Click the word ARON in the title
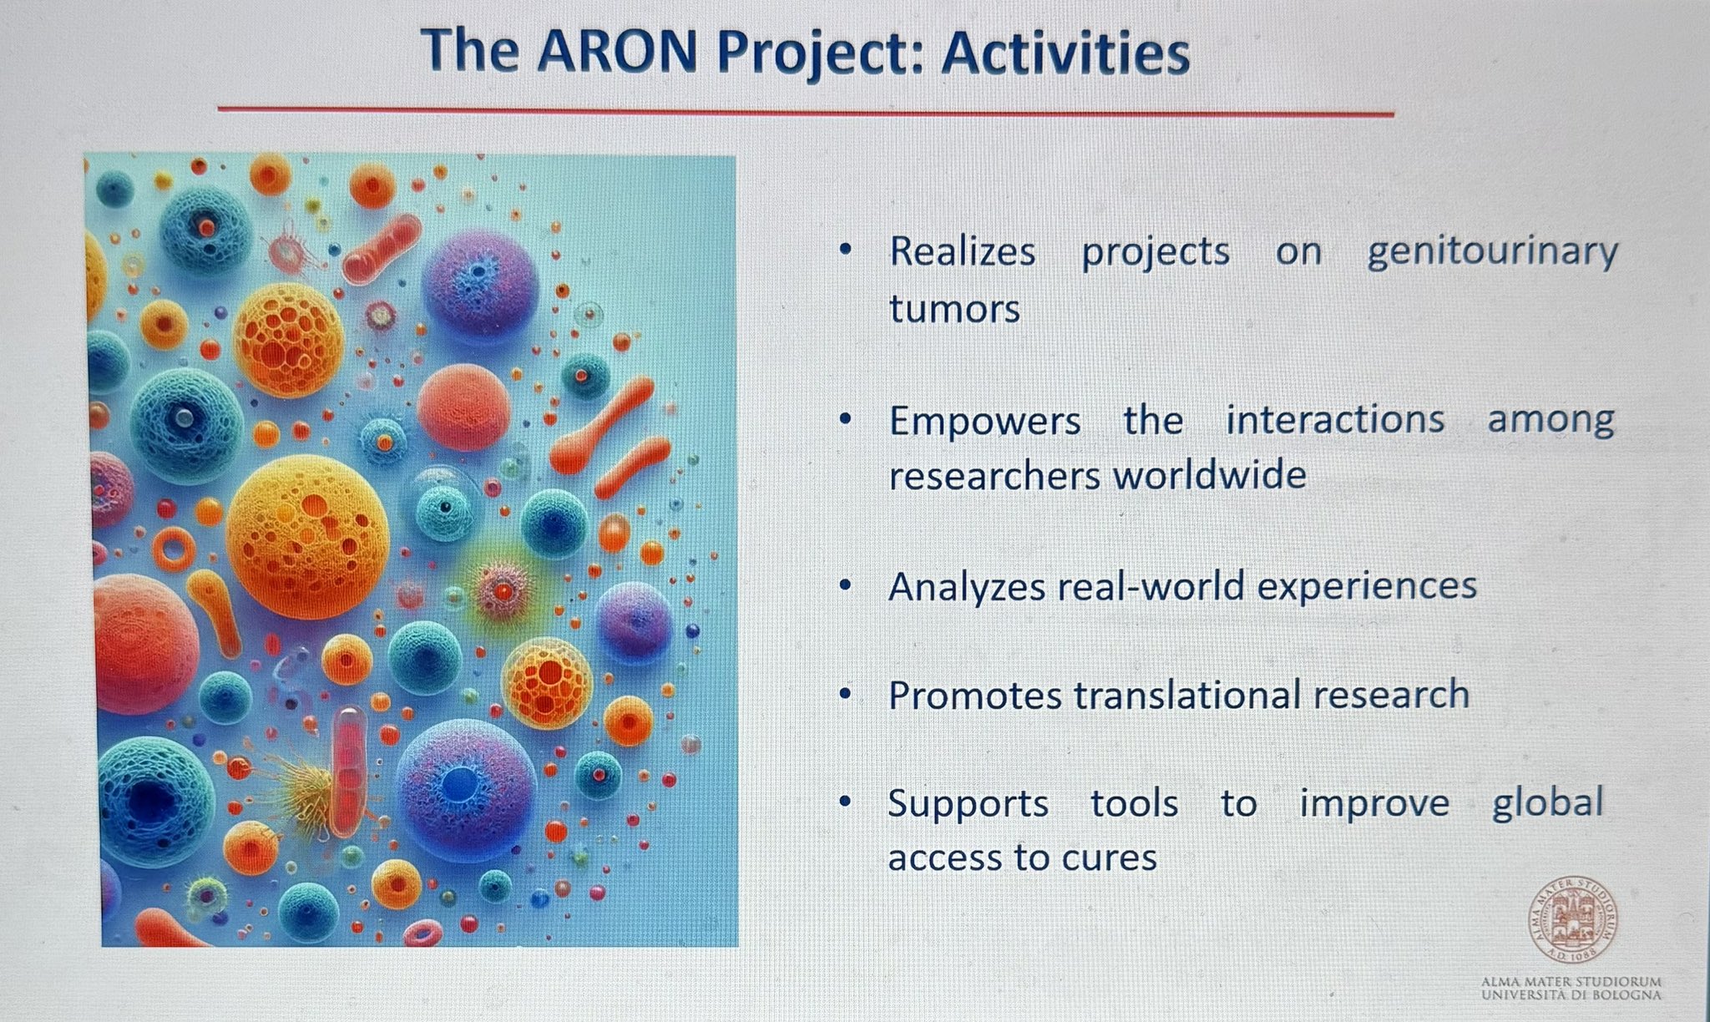616,51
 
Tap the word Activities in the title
1065,53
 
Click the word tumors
954,307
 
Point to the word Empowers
984,421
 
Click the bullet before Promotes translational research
846,693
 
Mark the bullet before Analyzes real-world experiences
846,585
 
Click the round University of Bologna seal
1573,919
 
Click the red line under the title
806,110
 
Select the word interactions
1334,419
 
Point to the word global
1548,804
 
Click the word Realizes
962,251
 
